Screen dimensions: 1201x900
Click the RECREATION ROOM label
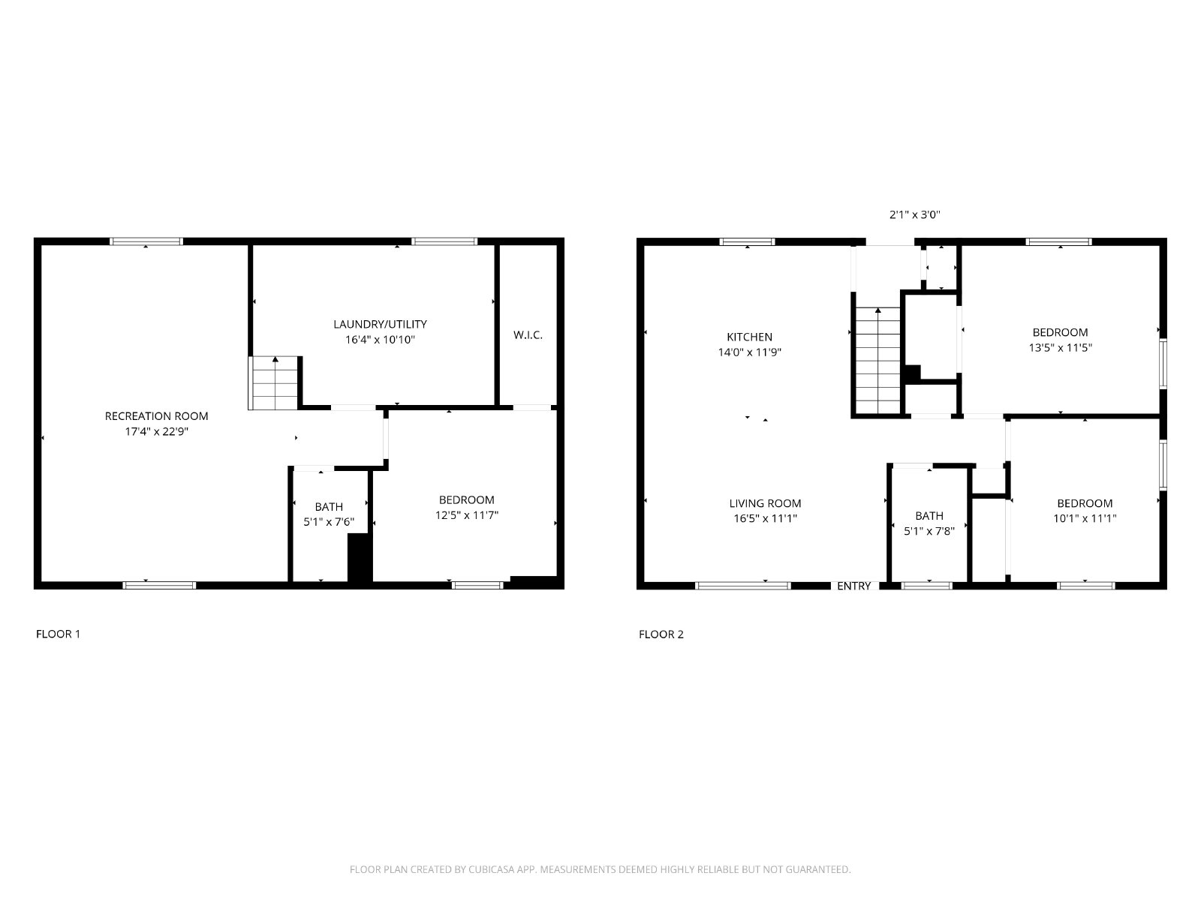coord(156,416)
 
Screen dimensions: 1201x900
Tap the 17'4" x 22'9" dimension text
coord(156,432)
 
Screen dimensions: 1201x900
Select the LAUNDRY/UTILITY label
coord(381,325)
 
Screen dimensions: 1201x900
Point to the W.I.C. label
coord(528,335)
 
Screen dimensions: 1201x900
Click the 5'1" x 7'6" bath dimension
coord(329,522)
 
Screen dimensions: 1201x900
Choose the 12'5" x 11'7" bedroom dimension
coord(467,514)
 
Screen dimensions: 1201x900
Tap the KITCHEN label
coord(750,337)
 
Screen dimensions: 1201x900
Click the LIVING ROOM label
coord(765,503)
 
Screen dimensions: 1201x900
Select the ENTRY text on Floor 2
coord(853,586)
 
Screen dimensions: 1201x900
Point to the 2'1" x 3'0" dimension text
coord(915,214)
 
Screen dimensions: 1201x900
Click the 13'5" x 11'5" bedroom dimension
coord(1061,347)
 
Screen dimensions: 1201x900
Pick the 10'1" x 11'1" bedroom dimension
coord(1085,518)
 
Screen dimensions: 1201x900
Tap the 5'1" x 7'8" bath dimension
coord(929,530)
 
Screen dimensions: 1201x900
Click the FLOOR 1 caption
coord(58,634)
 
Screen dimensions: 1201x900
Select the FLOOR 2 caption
coord(661,634)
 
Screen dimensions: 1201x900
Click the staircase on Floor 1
coord(273,383)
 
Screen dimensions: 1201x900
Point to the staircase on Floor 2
coord(877,361)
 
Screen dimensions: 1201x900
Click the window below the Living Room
coord(742,586)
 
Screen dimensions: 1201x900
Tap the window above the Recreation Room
coord(146,241)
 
